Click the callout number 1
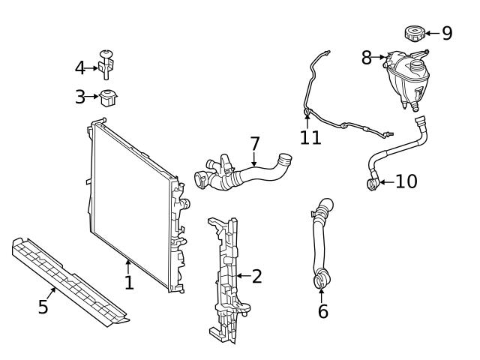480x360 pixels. pos(129,282)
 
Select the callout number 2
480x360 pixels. pos(257,276)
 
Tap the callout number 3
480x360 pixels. pos(80,96)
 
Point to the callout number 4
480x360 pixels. pos(80,68)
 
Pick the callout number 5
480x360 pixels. pos(43,306)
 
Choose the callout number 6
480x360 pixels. pos(322,310)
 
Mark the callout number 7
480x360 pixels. pos(254,142)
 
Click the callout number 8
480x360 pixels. pos(366,57)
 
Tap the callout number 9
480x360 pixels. pos(447,33)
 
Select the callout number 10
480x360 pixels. pos(406,181)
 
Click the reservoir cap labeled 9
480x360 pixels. pos(414,33)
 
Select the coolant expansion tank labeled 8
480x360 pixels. pos(404,75)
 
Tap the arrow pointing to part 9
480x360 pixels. pos(431,33)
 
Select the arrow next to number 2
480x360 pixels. pos(242,276)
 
